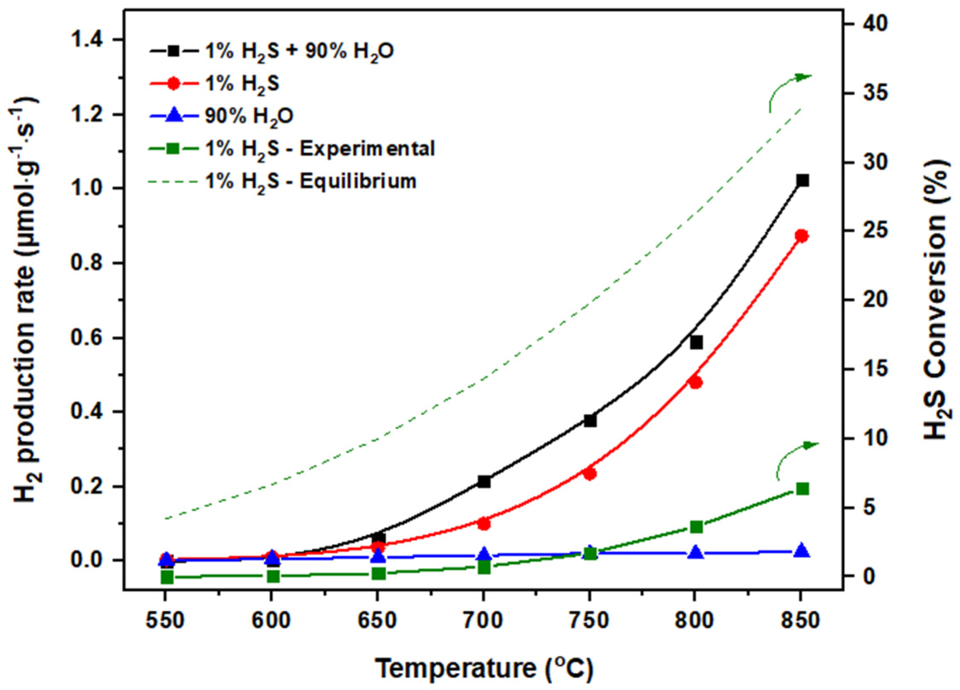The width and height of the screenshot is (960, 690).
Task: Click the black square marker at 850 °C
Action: (x=802, y=181)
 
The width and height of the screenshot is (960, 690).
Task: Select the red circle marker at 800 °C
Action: (x=695, y=382)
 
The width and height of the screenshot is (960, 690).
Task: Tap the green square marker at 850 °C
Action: (x=802, y=489)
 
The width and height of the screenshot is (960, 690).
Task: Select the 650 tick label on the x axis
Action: (x=377, y=621)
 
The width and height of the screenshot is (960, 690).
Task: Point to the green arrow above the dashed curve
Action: (x=788, y=92)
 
